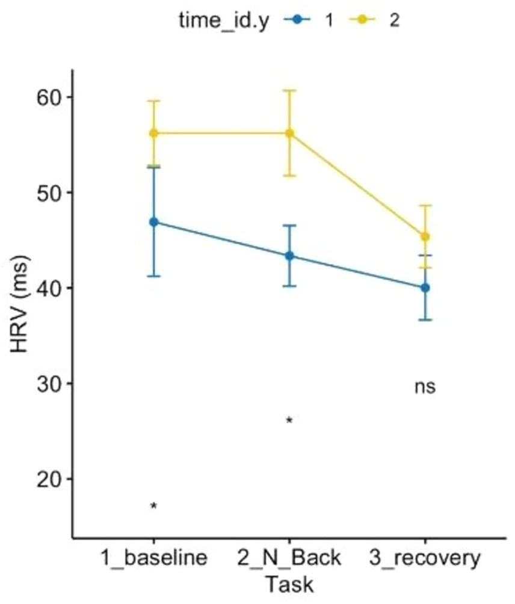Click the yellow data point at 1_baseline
[154, 133]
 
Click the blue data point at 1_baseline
[154, 222]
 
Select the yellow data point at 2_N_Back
[289, 133]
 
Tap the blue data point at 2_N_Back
[289, 256]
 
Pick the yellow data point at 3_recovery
[425, 236]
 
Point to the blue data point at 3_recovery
[425, 288]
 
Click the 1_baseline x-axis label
[154, 558]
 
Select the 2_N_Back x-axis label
[289, 558]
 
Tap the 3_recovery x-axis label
[425, 558]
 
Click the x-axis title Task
[289, 584]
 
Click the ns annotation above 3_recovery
[425, 387]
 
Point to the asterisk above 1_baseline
[154, 507]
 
